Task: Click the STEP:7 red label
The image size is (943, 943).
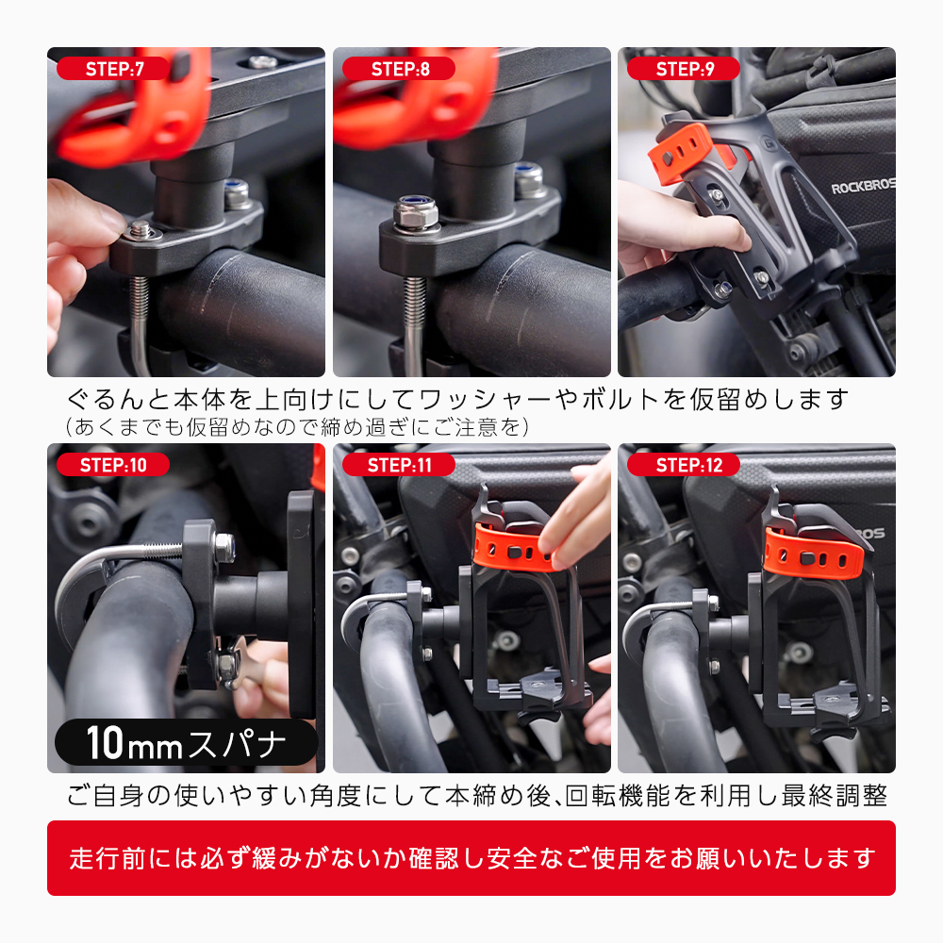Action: coord(114,69)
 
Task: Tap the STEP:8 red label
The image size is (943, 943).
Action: coord(399,69)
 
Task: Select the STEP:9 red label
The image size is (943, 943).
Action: coord(684,69)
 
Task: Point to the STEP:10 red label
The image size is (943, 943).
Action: coord(113,464)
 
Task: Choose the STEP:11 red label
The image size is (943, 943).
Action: coord(399,464)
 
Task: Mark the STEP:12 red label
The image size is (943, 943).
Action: coord(684,464)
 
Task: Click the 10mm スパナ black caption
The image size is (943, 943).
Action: coord(187,742)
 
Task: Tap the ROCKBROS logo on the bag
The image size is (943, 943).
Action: coord(863,187)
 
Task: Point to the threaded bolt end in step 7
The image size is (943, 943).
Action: coord(141,228)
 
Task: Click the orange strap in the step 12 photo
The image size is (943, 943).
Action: coord(813,554)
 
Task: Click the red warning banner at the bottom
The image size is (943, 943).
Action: coord(471,858)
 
